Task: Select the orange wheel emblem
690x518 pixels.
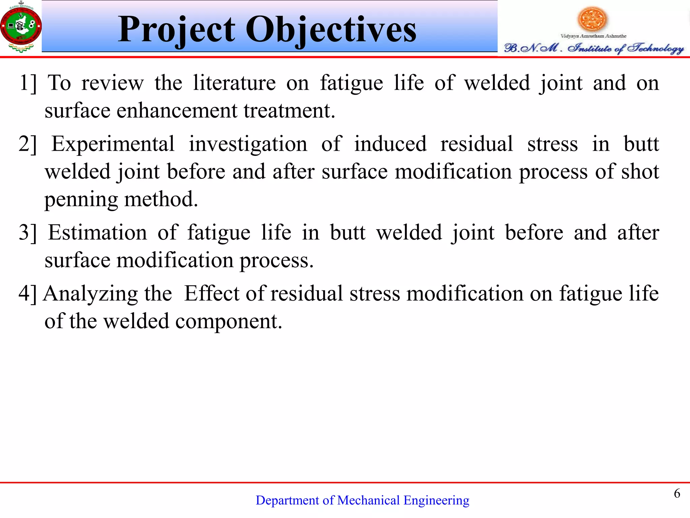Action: [x=592, y=19]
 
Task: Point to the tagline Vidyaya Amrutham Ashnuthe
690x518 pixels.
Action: [x=593, y=36]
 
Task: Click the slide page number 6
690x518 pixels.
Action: [x=677, y=493]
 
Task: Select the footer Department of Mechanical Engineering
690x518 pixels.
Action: [x=362, y=500]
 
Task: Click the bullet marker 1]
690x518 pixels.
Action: [x=28, y=83]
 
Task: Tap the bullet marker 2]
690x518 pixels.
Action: [x=28, y=144]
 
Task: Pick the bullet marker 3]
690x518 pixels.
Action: [x=28, y=233]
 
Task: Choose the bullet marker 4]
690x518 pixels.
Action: [x=28, y=293]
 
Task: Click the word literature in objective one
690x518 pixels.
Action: [x=234, y=83]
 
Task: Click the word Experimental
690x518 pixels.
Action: [x=113, y=144]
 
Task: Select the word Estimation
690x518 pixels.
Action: [x=97, y=233]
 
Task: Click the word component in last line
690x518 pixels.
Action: [x=228, y=321]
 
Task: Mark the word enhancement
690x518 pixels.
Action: [x=177, y=111]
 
